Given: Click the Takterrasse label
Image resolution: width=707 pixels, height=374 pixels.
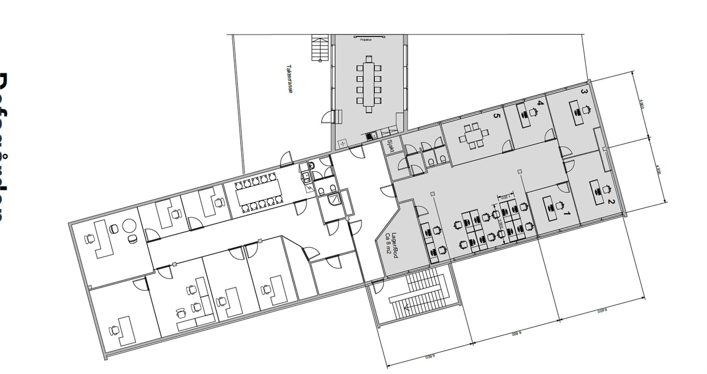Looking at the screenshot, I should tap(289, 79).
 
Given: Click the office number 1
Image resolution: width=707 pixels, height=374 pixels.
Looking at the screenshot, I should tap(566, 213).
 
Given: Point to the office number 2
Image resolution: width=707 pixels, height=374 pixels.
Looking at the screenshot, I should tap(609, 202).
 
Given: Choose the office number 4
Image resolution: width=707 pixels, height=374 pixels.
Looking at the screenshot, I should tap(540, 103).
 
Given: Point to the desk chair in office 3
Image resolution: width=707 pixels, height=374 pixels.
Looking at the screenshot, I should tap(587, 110).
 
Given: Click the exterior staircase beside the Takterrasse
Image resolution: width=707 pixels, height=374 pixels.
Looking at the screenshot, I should tap(320, 47).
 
